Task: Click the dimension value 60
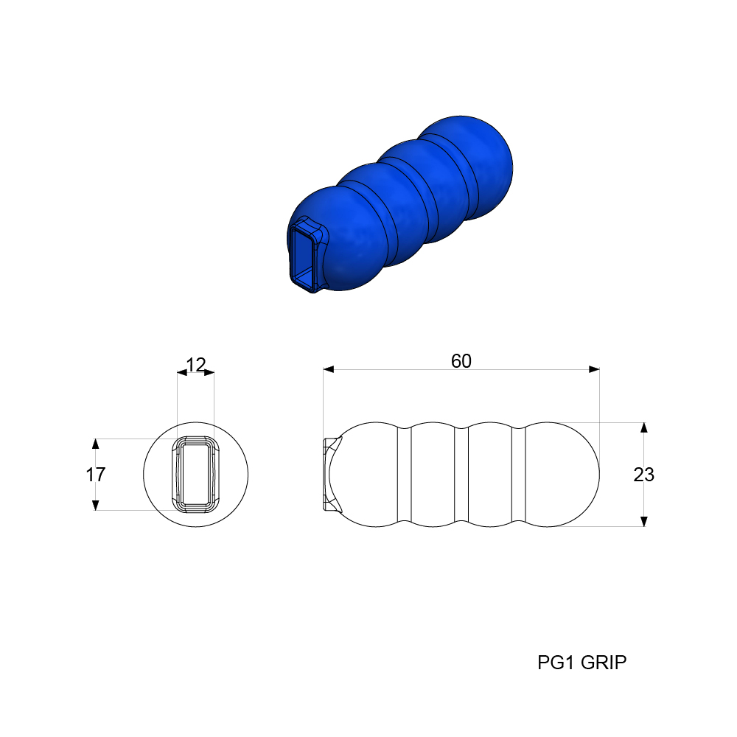pyautogui.click(x=461, y=361)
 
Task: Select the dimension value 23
pyautogui.click(x=643, y=475)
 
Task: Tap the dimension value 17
pyautogui.click(x=95, y=475)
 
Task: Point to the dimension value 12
pyautogui.click(x=195, y=364)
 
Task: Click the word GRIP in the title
pyautogui.click(x=604, y=663)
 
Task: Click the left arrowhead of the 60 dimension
pyautogui.click(x=329, y=369)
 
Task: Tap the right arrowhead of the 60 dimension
pyautogui.click(x=594, y=369)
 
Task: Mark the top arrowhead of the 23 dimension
pyautogui.click(x=643, y=428)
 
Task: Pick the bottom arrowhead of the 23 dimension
pyautogui.click(x=643, y=521)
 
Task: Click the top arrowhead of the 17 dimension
pyautogui.click(x=95, y=444)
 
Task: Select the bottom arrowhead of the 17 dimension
pyautogui.click(x=95, y=505)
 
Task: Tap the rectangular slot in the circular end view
pyautogui.click(x=195, y=474)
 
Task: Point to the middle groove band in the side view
pyautogui.click(x=462, y=474)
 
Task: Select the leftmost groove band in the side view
pyautogui.click(x=404, y=474)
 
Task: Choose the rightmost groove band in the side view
pyautogui.click(x=518, y=474)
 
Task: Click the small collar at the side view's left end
pyautogui.click(x=331, y=474)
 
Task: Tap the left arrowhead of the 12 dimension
pyautogui.click(x=182, y=373)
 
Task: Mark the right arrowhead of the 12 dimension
pyautogui.click(x=209, y=373)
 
